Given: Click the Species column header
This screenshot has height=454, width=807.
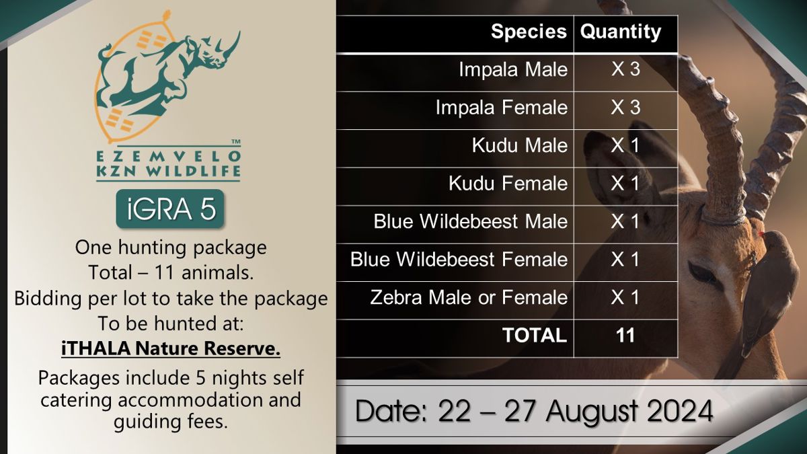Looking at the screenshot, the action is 529,32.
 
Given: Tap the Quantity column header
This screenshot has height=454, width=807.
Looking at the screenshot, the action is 620,32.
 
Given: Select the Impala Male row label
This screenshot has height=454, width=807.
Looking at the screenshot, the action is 513,69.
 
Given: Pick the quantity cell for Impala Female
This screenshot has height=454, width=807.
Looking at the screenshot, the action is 625,107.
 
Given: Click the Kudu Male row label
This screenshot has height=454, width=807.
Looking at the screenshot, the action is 519,145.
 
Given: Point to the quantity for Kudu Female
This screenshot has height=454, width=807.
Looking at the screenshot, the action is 625,183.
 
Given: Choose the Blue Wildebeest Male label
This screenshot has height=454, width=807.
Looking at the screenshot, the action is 470,221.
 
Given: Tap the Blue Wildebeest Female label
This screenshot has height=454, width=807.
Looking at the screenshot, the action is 459,259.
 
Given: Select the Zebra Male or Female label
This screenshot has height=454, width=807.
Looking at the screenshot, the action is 469,297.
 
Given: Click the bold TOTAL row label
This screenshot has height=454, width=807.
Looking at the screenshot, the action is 535,335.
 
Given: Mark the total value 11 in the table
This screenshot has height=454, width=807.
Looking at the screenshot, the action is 625,335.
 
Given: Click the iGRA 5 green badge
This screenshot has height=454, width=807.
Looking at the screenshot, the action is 170,209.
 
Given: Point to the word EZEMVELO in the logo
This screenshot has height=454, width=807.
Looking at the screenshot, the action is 169,156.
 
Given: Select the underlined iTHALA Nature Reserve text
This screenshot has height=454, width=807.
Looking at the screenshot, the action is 171,348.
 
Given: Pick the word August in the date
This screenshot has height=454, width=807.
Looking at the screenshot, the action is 592,412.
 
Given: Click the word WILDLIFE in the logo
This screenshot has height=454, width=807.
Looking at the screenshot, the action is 193,171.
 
